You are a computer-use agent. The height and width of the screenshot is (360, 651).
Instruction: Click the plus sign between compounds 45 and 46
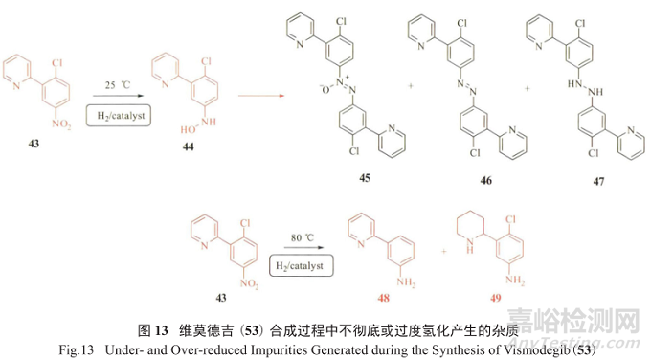pyautogui.click(x=411, y=85)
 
